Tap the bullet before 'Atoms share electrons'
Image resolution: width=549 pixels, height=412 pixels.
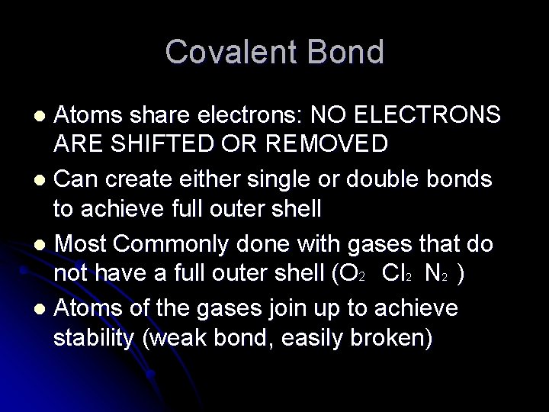[x=43, y=116]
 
